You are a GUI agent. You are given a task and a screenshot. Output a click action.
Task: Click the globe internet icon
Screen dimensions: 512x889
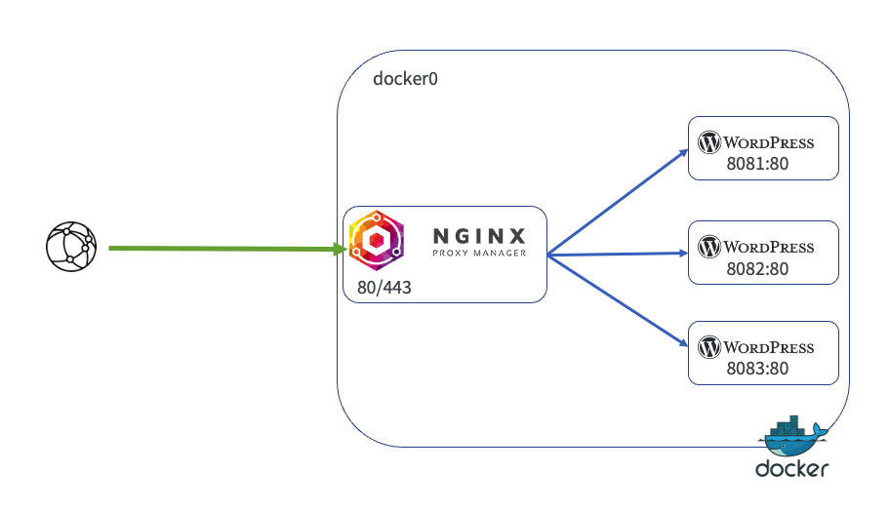tap(71, 247)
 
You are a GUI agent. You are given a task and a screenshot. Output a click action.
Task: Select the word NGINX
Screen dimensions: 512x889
tap(479, 235)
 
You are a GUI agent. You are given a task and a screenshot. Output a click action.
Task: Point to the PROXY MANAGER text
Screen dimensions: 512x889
tap(479, 254)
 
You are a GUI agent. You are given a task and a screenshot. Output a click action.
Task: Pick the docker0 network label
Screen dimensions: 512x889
tap(405, 78)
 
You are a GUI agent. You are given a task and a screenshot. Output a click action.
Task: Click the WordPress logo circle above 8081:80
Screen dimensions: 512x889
tap(709, 142)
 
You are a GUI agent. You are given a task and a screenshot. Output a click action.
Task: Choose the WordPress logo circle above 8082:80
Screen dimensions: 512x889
tap(709, 245)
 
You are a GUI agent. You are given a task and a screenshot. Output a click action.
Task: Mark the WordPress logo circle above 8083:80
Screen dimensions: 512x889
tap(709, 347)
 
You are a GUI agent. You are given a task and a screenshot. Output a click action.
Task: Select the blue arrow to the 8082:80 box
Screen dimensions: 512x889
tap(615, 254)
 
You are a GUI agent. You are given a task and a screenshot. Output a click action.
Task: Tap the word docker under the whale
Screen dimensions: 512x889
tap(791, 469)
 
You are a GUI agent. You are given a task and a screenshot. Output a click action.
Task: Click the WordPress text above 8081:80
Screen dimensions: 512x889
tap(769, 142)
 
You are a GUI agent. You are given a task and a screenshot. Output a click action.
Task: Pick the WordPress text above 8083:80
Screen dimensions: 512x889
tap(769, 347)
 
